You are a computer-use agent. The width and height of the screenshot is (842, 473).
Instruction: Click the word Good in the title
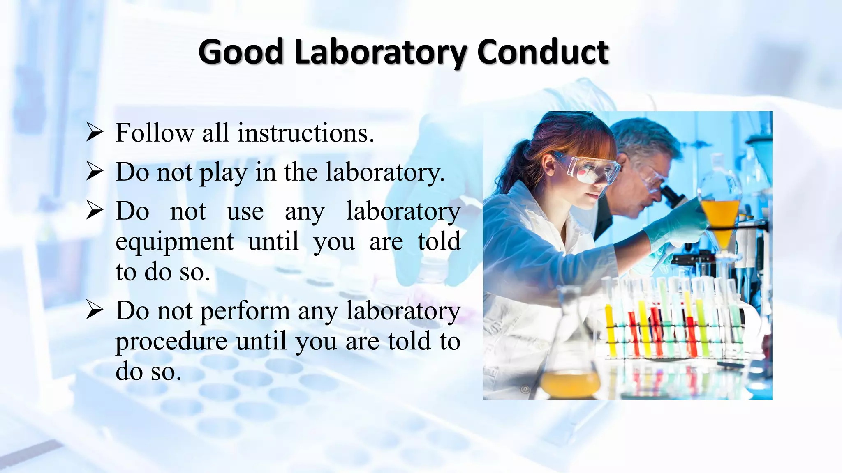click(x=241, y=52)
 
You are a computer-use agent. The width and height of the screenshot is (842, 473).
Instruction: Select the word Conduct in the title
click(x=543, y=52)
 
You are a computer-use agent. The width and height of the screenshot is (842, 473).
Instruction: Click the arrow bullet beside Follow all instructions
click(x=94, y=133)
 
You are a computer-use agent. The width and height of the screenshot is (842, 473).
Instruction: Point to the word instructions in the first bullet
click(x=306, y=133)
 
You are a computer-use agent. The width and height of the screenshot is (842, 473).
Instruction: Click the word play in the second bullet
click(x=223, y=173)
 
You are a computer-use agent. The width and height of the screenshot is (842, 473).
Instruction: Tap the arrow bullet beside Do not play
click(x=94, y=172)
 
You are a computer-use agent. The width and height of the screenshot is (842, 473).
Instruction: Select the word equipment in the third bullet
click(x=175, y=242)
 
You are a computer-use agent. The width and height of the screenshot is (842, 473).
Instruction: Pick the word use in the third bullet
click(x=245, y=212)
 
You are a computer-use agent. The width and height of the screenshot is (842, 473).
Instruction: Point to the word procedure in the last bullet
click(x=171, y=342)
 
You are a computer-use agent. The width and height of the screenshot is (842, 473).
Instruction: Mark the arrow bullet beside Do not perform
click(x=94, y=310)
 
